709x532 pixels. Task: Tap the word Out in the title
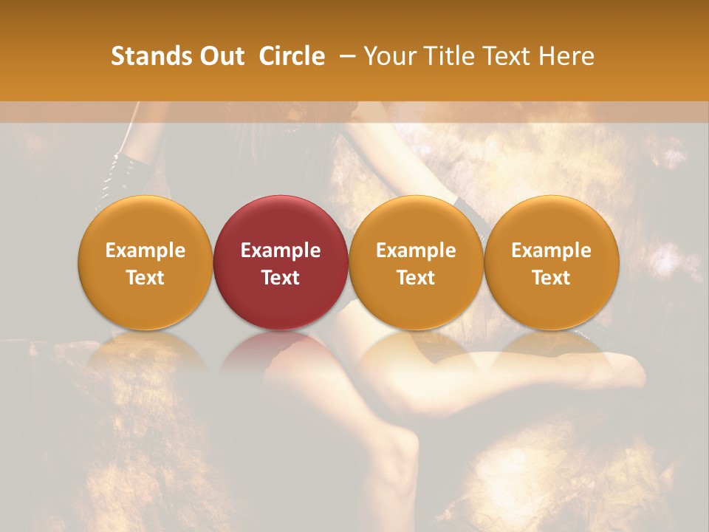[220, 56]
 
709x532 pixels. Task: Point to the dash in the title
[344, 56]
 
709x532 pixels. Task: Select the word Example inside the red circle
[281, 250]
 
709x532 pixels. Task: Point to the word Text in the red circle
[281, 278]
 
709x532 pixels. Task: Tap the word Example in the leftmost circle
[145, 250]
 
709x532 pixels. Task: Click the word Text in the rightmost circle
[552, 278]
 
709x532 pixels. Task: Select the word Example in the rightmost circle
[552, 250]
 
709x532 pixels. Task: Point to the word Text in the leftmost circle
[145, 278]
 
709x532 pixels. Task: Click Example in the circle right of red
[416, 250]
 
